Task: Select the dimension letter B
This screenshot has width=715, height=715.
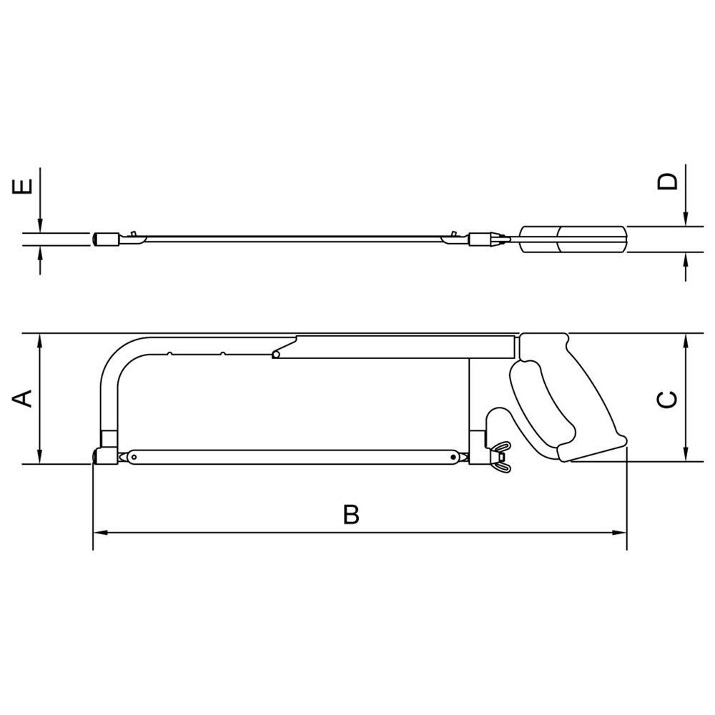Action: (x=350, y=514)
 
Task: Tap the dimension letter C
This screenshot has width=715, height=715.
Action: (x=666, y=399)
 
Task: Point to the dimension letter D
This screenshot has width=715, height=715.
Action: (x=667, y=181)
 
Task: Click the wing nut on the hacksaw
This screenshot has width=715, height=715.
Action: (x=500, y=455)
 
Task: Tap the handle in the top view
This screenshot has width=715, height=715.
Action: (x=573, y=239)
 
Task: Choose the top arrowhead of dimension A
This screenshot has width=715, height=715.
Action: (x=41, y=340)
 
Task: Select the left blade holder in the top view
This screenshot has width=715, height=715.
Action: (x=107, y=239)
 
